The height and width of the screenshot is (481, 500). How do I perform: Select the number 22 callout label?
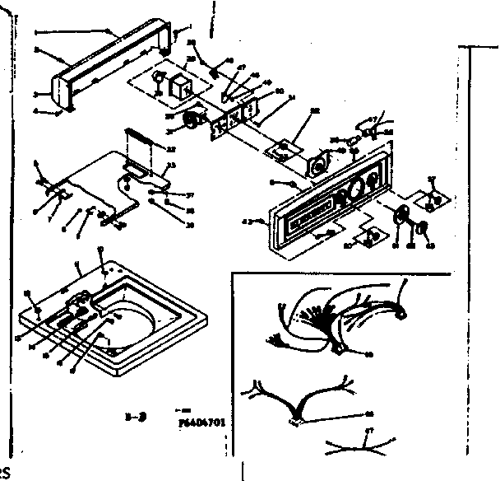click(171, 148)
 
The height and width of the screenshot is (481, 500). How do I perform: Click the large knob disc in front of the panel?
click(404, 217)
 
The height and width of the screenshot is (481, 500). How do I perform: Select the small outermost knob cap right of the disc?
click(425, 229)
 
